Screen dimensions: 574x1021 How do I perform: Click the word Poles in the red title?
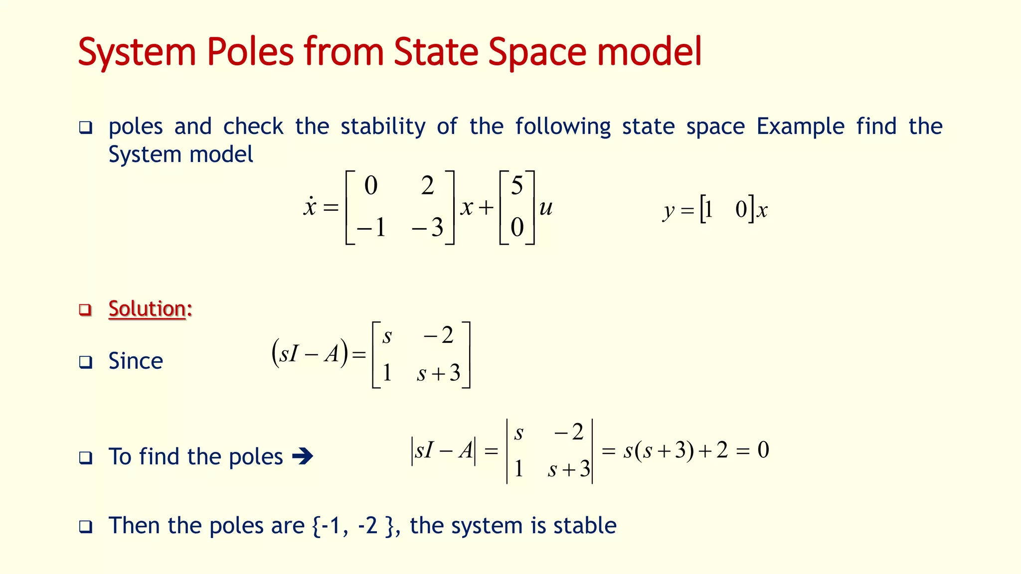point(250,52)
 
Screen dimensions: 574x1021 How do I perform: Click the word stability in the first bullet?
point(383,127)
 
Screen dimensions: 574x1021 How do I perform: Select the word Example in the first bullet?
point(800,127)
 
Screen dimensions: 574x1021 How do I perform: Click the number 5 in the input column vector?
point(517,186)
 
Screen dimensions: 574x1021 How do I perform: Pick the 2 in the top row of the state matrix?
point(427,186)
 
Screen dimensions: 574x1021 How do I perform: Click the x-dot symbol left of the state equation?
point(310,207)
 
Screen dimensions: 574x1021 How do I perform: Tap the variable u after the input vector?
point(546,207)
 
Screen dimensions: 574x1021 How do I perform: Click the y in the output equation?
point(669,211)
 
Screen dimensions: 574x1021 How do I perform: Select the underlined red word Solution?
point(147,309)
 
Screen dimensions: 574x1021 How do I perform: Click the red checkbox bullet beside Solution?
point(86,309)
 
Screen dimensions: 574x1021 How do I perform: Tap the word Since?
point(136,361)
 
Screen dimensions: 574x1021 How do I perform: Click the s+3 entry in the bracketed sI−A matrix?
point(438,373)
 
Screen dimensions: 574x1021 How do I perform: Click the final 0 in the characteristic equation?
point(763,450)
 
